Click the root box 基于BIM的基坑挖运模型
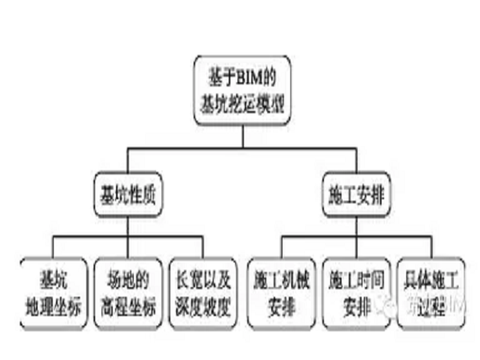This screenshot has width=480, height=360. tap(240, 91)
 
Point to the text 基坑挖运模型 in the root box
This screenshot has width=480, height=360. tap(240, 102)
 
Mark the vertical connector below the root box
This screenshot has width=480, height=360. tap(240, 136)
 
